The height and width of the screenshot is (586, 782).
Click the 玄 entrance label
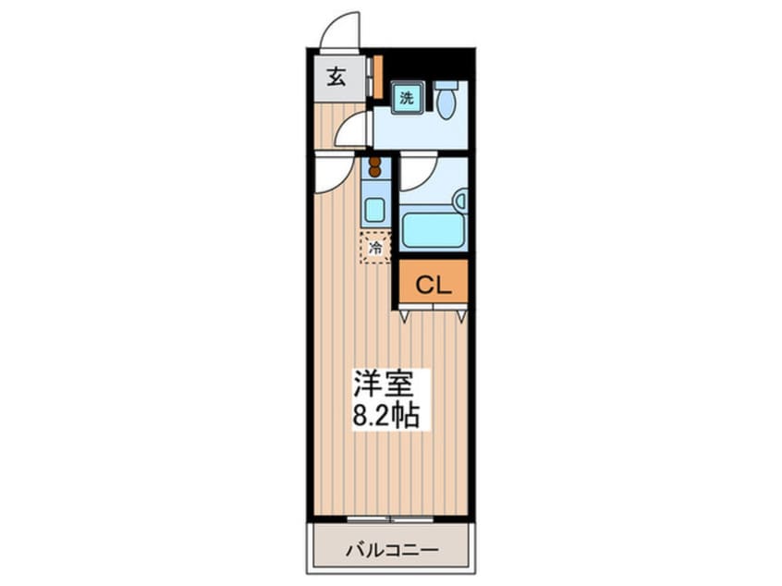coord(336,77)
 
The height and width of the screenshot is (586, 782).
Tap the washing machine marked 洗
coord(407,98)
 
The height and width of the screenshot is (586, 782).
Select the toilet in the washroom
coord(446,100)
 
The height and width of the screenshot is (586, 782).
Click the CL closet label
coord(434,285)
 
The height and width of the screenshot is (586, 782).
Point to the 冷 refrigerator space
coord(375,248)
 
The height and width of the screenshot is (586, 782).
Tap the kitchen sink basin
coord(374,210)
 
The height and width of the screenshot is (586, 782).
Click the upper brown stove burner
coord(374,162)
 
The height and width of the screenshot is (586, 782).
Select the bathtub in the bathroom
coord(434,230)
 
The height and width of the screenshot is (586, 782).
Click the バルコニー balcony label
coord(393,550)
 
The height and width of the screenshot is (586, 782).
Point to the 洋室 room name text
coord(384,383)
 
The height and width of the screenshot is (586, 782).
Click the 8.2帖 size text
coord(385,415)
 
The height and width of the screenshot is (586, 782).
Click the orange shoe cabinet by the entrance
coord(378,77)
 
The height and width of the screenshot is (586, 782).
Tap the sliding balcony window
coord(390,519)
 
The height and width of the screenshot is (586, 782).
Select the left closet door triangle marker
coord(403,316)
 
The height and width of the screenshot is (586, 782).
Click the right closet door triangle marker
coord(462,316)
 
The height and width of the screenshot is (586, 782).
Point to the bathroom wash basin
coord(460,201)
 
